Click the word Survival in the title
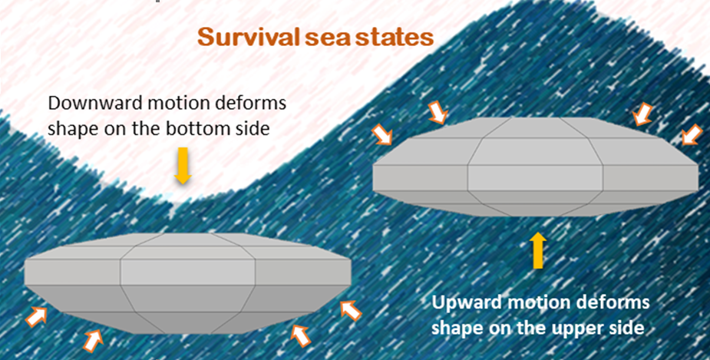click(x=248, y=38)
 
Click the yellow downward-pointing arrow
click(x=183, y=166)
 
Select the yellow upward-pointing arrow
click(x=537, y=250)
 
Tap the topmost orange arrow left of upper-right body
click(x=438, y=113)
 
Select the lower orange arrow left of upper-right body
click(x=381, y=134)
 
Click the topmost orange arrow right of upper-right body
click(x=643, y=114)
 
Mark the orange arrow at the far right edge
click(x=692, y=134)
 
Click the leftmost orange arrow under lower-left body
click(x=36, y=316)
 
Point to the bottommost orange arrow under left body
click(x=92, y=341)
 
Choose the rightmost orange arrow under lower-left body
click(x=351, y=311)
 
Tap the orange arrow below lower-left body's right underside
click(x=300, y=336)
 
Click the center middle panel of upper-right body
click(x=535, y=177)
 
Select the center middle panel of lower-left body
click(x=187, y=272)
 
